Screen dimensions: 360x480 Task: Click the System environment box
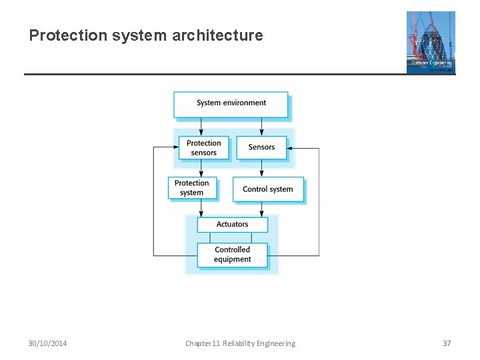point(231,103)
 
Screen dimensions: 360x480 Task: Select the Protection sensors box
point(203,147)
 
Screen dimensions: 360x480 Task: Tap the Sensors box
point(261,147)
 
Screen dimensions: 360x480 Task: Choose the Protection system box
point(191,188)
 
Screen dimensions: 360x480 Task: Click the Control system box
point(267,189)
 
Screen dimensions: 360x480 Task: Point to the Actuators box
point(232,225)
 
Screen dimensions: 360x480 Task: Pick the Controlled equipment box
point(232,255)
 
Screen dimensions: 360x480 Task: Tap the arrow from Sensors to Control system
point(261,168)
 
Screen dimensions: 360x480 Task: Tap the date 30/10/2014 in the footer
point(47,343)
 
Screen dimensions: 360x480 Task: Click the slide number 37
point(447,343)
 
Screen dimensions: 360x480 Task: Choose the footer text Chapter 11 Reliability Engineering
point(240,343)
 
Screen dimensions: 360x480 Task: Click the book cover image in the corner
point(431,41)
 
